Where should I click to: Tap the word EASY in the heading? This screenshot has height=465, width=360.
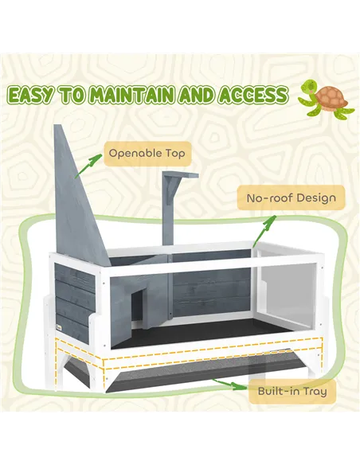point(34,96)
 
